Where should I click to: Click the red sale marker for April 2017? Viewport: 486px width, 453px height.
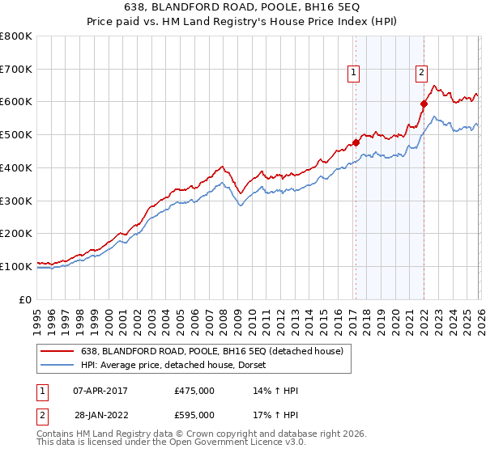(x=356, y=142)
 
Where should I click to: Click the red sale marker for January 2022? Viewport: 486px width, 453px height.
(x=424, y=104)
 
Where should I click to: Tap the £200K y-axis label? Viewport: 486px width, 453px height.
(x=16, y=233)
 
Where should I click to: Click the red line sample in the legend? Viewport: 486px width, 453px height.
(x=58, y=351)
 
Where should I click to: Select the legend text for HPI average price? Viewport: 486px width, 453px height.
(x=178, y=366)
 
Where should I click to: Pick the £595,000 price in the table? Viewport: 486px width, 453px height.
(x=194, y=415)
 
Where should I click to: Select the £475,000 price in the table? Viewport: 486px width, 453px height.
(x=194, y=392)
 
